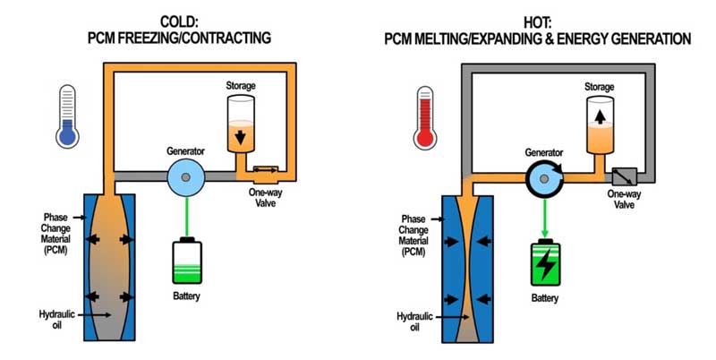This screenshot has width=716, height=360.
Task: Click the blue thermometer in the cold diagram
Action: click(x=66, y=116)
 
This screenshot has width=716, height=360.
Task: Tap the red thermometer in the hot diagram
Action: click(x=425, y=116)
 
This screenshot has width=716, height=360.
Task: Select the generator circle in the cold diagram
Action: click(x=186, y=179)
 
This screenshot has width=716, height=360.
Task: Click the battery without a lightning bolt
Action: click(x=186, y=262)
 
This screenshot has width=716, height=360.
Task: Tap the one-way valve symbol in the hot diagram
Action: click(x=623, y=176)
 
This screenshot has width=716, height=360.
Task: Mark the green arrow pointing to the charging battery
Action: click(x=544, y=215)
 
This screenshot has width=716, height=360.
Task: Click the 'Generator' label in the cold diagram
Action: click(x=186, y=150)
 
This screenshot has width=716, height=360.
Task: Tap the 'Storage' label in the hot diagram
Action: click(x=599, y=86)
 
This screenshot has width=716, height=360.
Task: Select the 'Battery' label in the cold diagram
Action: click(x=186, y=295)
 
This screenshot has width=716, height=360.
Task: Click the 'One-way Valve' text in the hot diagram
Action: click(x=624, y=199)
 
